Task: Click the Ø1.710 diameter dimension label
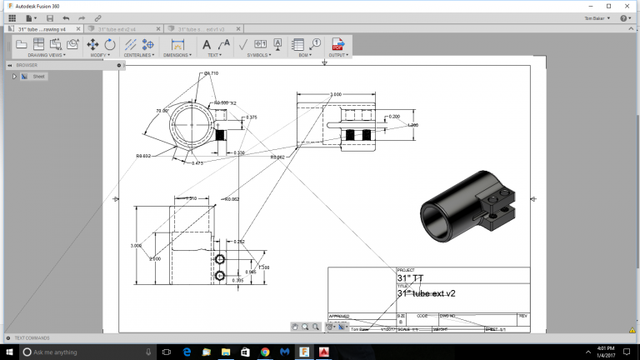point(211,73)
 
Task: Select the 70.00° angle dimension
point(162,110)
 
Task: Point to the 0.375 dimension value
point(252,117)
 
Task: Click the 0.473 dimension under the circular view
point(197,163)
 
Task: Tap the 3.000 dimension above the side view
point(336,95)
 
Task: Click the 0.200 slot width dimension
point(394,117)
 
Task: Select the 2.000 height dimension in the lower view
point(154,259)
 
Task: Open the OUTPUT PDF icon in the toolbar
point(337,44)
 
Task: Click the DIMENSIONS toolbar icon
point(177,44)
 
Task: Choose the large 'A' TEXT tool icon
point(207,44)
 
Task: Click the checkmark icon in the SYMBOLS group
point(243,44)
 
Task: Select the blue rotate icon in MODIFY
point(110,44)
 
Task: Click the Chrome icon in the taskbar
point(264,352)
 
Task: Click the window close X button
point(627,5)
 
